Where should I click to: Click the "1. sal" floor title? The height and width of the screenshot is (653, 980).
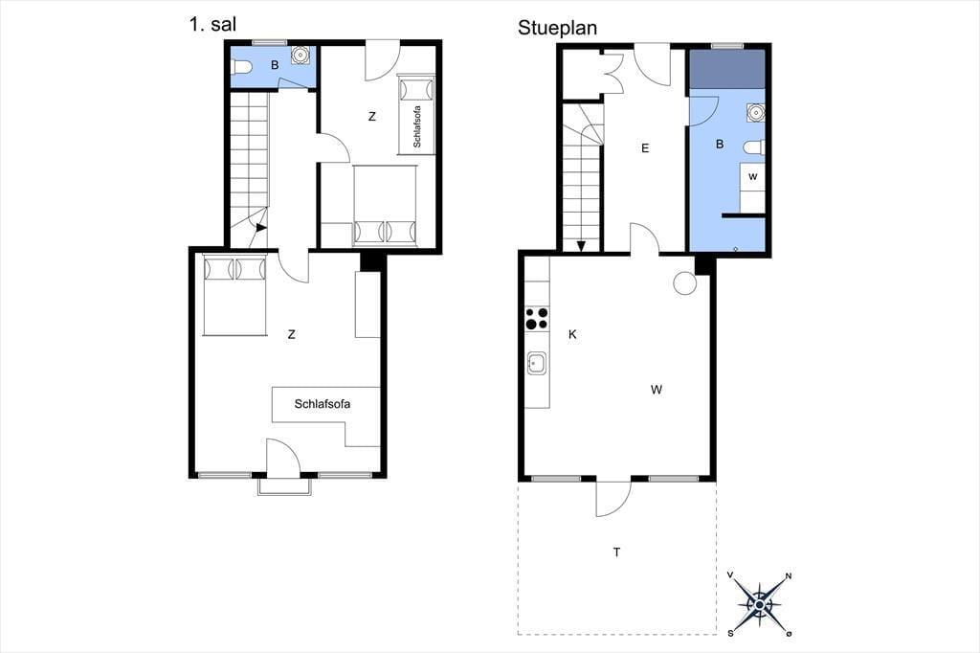click(212, 24)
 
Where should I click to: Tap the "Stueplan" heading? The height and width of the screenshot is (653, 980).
click(557, 28)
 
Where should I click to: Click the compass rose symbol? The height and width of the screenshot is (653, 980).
click(759, 604)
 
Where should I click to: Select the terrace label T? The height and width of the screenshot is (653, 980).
click(617, 552)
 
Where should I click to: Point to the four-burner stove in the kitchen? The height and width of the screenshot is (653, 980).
click(537, 318)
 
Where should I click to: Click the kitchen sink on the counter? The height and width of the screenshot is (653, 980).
click(537, 363)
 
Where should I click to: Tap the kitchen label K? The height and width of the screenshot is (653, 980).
click(572, 334)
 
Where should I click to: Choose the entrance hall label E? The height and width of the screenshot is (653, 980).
click(645, 148)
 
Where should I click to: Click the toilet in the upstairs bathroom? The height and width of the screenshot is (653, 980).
click(241, 66)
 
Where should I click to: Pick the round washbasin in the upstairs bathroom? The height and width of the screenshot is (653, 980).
click(301, 55)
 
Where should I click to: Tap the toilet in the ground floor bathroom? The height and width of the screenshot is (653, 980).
click(754, 147)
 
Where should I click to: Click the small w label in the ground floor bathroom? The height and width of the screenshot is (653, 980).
click(752, 177)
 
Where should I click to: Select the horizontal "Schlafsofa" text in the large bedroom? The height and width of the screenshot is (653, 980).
click(323, 404)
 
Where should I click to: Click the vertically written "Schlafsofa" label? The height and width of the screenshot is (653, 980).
click(417, 127)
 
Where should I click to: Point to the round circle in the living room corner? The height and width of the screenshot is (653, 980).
click(685, 283)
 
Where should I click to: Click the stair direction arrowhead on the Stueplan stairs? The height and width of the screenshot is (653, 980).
click(581, 246)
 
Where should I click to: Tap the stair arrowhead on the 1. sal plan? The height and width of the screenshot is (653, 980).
click(261, 229)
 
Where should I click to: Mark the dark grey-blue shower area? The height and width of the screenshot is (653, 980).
click(727, 70)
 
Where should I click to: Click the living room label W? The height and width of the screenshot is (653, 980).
click(657, 390)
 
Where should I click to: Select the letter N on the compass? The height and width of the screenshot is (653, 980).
click(789, 576)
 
